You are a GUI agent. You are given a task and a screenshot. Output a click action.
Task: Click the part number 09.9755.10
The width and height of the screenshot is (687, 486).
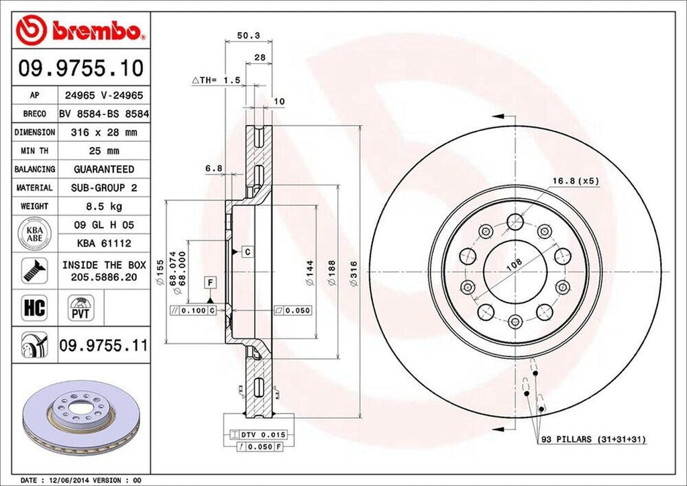tap(80, 67)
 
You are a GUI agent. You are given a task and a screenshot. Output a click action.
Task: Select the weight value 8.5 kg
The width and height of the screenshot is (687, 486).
tap(104, 206)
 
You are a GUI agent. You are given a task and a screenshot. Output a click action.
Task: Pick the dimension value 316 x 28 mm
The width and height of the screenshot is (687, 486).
tap(104, 133)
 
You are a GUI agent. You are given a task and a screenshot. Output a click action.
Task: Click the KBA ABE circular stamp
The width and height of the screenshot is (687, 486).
tap(35, 234)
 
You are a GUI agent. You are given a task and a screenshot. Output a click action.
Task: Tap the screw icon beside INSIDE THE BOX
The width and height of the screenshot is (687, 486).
tap(34, 271)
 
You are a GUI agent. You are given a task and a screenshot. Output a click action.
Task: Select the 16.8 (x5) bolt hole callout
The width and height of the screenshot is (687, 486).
tap(576, 180)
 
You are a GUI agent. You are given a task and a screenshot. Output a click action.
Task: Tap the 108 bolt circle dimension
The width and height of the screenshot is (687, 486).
tap(514, 265)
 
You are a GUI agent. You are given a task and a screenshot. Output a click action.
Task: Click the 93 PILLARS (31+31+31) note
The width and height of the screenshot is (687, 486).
tap(593, 439)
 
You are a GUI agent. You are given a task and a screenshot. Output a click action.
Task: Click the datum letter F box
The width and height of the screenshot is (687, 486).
tap(210, 281)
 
